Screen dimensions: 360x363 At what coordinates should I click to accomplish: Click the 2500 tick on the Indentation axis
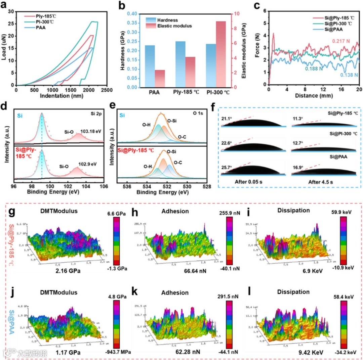click(107, 91)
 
